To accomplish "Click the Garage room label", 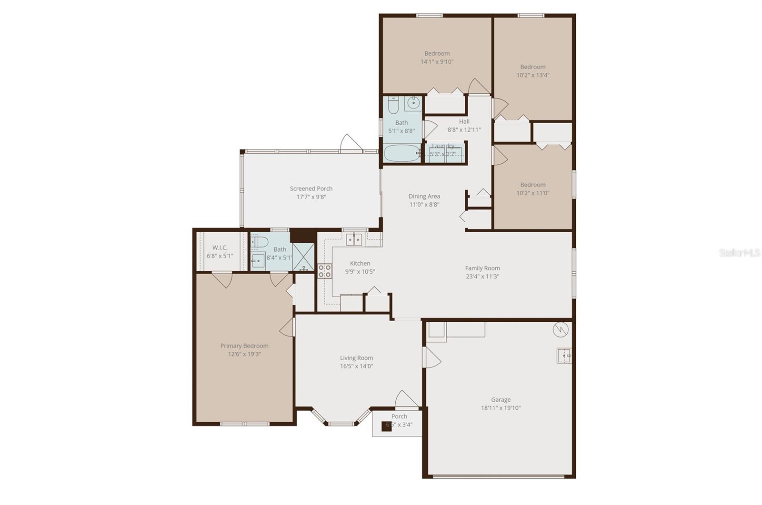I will [501, 400].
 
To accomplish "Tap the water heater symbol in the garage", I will [561, 330].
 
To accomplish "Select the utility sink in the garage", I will [564, 356].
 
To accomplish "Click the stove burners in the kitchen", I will [324, 271].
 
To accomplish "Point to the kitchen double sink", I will [354, 239].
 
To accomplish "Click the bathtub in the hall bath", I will [402, 153].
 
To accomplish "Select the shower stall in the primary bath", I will [303, 257].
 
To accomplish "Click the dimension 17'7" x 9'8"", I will [311, 197].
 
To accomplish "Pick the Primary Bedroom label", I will [244, 346].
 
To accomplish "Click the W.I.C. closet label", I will [220, 248].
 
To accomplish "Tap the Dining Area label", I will [424, 196].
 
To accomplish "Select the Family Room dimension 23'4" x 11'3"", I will [482, 277].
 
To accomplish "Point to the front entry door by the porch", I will [406, 400].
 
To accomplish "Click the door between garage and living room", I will [431, 357].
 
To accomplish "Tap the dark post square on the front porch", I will [387, 426].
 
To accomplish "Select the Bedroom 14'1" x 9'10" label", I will [437, 53].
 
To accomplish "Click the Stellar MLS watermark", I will [739, 253].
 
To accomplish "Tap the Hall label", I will [464, 121].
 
